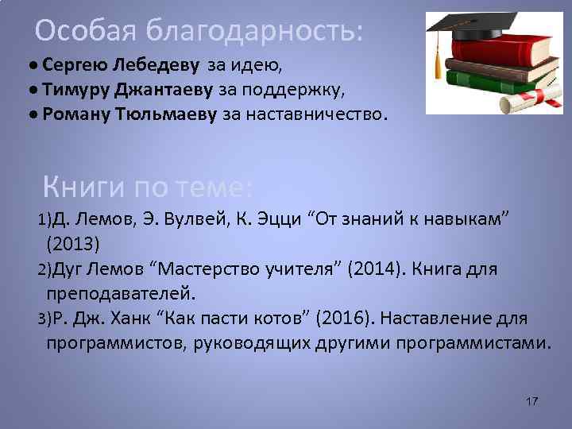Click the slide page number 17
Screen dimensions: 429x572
point(531,402)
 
